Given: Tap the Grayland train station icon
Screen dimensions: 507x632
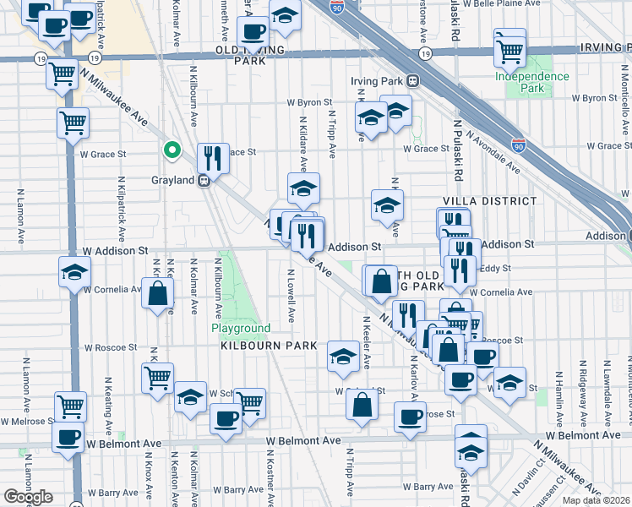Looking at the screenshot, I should click(204, 181).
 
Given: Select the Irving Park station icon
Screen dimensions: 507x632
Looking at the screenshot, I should click(413, 81).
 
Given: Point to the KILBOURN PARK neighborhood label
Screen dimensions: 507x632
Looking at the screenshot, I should click(269, 346).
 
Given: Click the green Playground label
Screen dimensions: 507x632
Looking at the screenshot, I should click(241, 328).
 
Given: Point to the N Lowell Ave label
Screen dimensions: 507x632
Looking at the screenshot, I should click(291, 296).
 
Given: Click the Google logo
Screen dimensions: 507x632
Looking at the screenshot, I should click(28, 497).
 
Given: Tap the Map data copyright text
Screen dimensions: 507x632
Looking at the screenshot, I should click(596, 500).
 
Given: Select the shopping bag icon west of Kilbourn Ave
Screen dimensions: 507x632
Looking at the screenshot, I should click(157, 294).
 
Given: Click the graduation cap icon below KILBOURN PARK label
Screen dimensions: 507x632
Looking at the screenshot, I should click(343, 357).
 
